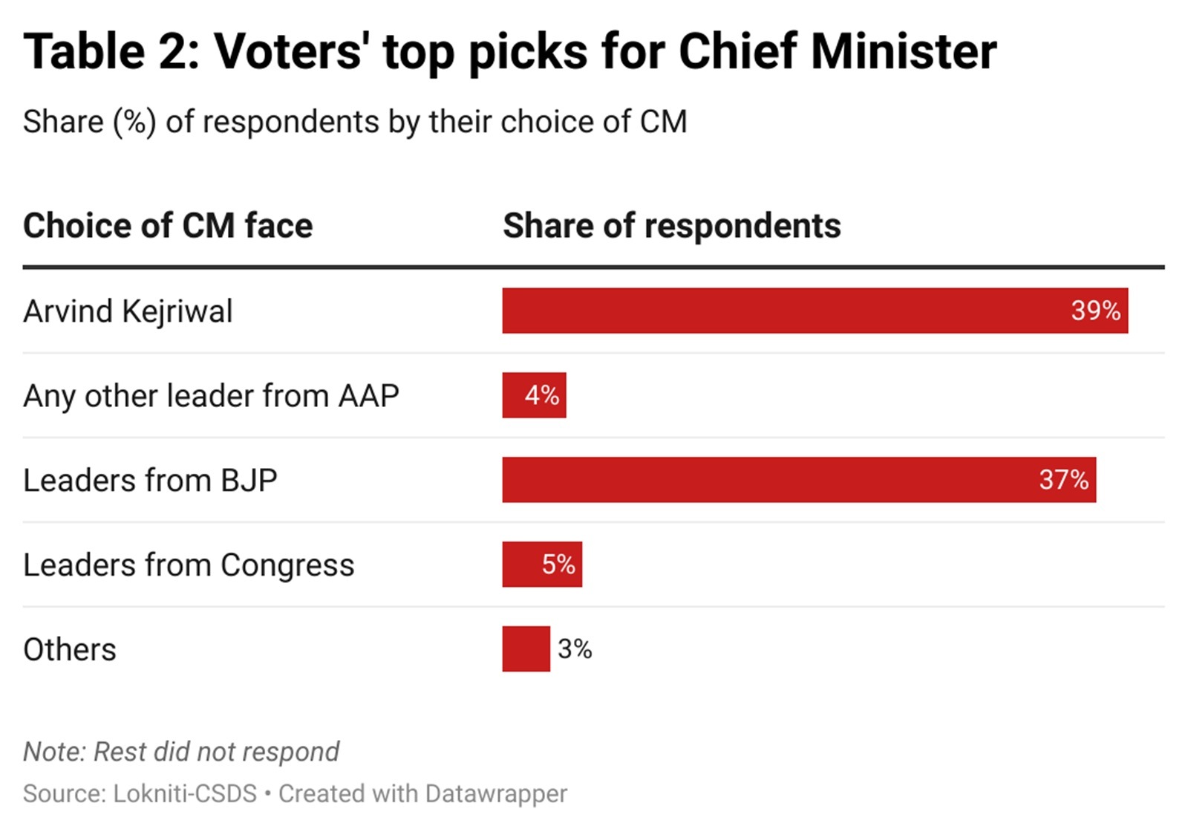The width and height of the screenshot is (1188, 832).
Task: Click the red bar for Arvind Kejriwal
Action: coord(780,311)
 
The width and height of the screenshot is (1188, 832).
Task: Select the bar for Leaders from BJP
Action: coord(765,480)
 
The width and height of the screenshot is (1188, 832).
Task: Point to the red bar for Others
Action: coord(526,649)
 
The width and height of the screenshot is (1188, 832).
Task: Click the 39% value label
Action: coord(1095,311)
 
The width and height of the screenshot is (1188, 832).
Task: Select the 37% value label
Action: coord(1063,480)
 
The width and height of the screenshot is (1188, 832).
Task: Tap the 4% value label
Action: coord(542,395)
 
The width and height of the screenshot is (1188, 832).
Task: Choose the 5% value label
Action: coord(558,565)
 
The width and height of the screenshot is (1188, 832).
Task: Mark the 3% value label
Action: coord(575,649)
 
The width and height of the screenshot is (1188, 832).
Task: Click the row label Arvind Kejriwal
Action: coord(128,311)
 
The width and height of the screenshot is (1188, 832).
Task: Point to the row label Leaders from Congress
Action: coord(189,565)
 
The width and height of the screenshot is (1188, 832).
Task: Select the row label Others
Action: coord(70,650)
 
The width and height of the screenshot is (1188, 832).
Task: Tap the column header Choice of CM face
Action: coord(168,226)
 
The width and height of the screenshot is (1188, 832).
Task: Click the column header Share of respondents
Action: coord(671,226)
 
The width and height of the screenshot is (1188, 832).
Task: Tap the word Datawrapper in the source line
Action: coord(496,793)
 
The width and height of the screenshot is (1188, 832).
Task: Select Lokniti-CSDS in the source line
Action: coord(185,793)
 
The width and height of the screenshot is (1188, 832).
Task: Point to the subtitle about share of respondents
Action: coord(355,122)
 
